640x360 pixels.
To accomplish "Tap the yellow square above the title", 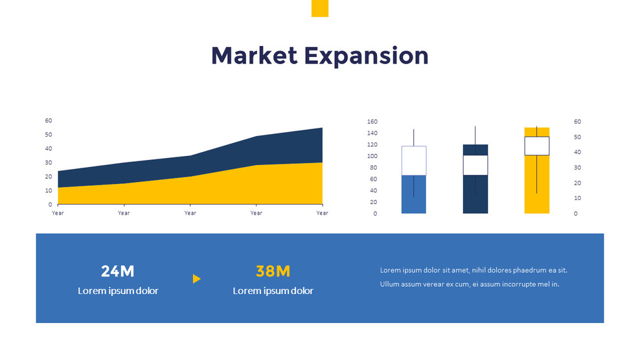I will (320, 8).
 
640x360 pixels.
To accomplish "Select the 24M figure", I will (118, 272).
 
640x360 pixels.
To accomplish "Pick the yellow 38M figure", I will (273, 272).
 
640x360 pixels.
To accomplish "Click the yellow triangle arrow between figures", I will (197, 279).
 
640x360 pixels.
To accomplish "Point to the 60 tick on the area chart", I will (49, 120).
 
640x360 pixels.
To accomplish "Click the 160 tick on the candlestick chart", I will (372, 122).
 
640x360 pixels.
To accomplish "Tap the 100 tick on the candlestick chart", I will (372, 156).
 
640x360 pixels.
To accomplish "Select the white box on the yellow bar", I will (536, 146).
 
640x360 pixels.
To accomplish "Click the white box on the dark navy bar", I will (475, 165).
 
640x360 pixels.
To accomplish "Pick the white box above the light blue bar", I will (414, 161).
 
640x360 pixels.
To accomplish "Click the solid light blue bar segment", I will (414, 194).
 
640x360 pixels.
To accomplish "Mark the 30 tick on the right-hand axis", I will (577, 168).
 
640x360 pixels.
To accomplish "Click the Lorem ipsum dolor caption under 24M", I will (118, 291).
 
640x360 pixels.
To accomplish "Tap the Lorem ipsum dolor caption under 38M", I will (273, 291).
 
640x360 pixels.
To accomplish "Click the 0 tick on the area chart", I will (50, 205).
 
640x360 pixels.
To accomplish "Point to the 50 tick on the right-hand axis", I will (577, 137).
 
